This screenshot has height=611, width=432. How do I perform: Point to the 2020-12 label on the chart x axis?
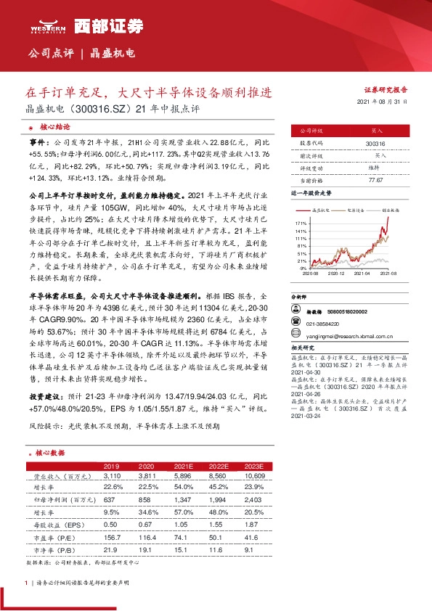[x=336, y=274]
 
